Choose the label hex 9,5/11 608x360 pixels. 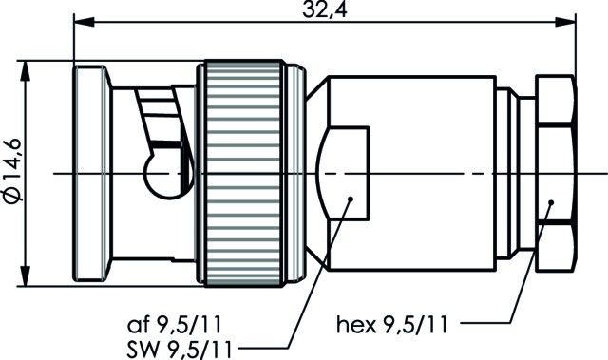(391, 325)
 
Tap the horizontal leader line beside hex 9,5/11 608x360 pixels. (484, 325)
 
